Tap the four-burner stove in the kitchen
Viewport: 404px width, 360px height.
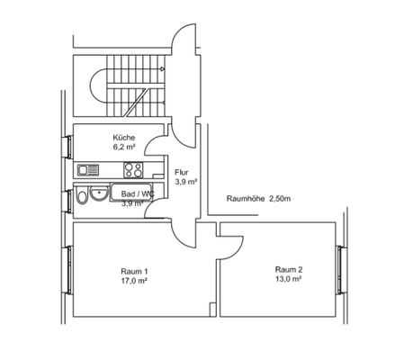click(x=134, y=168)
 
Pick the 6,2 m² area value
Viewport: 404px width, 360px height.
click(x=123, y=146)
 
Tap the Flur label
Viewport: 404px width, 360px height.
click(x=180, y=171)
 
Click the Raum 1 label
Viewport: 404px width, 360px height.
click(x=133, y=271)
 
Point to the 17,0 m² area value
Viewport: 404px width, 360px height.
click(x=133, y=281)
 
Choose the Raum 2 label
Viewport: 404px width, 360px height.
click(x=288, y=269)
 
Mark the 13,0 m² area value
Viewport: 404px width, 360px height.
click(x=288, y=279)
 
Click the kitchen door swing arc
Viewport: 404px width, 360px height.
click(x=156, y=143)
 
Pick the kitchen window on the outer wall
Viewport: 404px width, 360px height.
click(x=69, y=147)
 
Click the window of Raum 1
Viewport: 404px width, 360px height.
click(x=69, y=270)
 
